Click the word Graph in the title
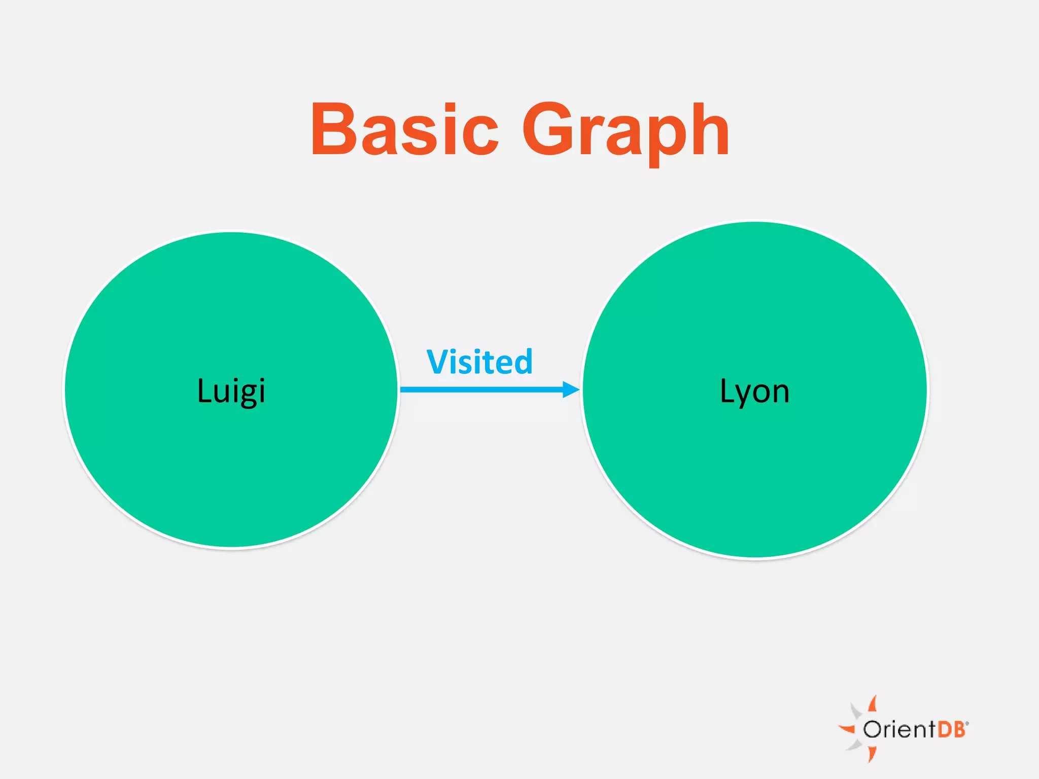626,131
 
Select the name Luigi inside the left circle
231,391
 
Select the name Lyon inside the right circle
755,392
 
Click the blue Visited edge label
479,362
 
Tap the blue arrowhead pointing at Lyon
571,389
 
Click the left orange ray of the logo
847,729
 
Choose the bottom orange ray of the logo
872,754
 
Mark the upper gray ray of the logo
856,711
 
